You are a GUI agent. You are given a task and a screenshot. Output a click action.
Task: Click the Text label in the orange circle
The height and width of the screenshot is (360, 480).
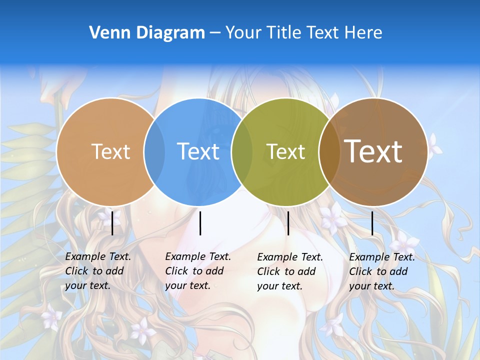click(x=110, y=151)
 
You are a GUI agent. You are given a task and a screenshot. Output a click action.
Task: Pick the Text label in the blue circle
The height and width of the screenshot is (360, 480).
click(x=198, y=151)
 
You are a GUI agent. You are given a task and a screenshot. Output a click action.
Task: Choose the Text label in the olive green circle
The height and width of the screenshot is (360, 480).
click(x=285, y=151)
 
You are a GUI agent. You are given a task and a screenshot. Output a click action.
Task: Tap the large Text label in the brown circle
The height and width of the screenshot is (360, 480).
click(x=373, y=151)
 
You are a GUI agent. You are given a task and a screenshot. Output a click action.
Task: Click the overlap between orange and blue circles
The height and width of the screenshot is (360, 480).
click(x=154, y=152)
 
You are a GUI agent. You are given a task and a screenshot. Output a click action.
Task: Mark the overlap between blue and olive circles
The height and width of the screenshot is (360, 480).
click(x=241, y=152)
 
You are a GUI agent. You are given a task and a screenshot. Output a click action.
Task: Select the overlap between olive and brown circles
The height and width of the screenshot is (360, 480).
click(x=329, y=152)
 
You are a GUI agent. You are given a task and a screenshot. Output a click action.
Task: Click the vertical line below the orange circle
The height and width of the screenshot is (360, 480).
click(x=112, y=223)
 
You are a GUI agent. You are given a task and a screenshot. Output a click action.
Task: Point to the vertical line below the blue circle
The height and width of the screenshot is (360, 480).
click(x=200, y=223)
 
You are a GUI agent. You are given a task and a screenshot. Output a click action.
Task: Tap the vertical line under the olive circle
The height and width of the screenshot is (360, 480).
click(x=288, y=223)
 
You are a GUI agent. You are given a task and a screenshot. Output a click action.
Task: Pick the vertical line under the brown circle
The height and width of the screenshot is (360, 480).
click(x=372, y=223)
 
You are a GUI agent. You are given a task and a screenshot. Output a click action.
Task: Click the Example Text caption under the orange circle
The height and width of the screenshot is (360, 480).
click(x=97, y=271)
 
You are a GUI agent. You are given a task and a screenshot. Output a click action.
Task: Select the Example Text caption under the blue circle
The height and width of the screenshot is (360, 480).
click(x=197, y=271)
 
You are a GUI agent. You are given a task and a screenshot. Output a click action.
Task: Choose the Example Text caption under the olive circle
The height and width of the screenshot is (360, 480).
click(x=289, y=271)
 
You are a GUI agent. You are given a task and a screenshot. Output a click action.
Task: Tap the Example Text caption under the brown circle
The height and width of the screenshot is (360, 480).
click(x=381, y=271)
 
